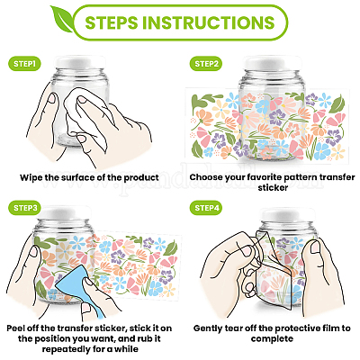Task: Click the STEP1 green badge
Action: click(24, 64)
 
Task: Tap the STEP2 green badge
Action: click(206, 64)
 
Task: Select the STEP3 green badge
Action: click(24, 208)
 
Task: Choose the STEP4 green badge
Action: click(206, 208)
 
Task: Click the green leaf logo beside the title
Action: click(61, 18)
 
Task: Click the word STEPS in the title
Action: click(112, 22)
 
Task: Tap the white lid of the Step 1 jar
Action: click(81, 62)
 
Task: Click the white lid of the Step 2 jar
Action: click(272, 63)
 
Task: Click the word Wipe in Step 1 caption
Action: click(31, 177)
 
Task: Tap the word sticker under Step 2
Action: click(273, 188)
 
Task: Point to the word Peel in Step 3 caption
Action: click(16, 328)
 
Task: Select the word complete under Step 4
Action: click(272, 339)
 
